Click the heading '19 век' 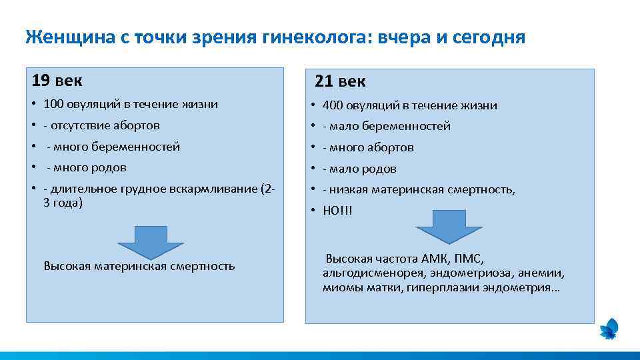pyautogui.click(x=57, y=81)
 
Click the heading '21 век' pyautogui.click(x=340, y=82)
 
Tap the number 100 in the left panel pyautogui.click(x=53, y=104)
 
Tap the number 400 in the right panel pyautogui.click(x=332, y=105)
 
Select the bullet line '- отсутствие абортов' pyautogui.click(x=101, y=125)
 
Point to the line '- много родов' pyautogui.click(x=86, y=167)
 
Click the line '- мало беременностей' pyautogui.click(x=386, y=126)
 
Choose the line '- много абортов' pyautogui.click(x=368, y=147)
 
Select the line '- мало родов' pyautogui.click(x=359, y=169)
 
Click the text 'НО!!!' pyautogui.click(x=337, y=211)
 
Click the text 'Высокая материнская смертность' pyautogui.click(x=139, y=266)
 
